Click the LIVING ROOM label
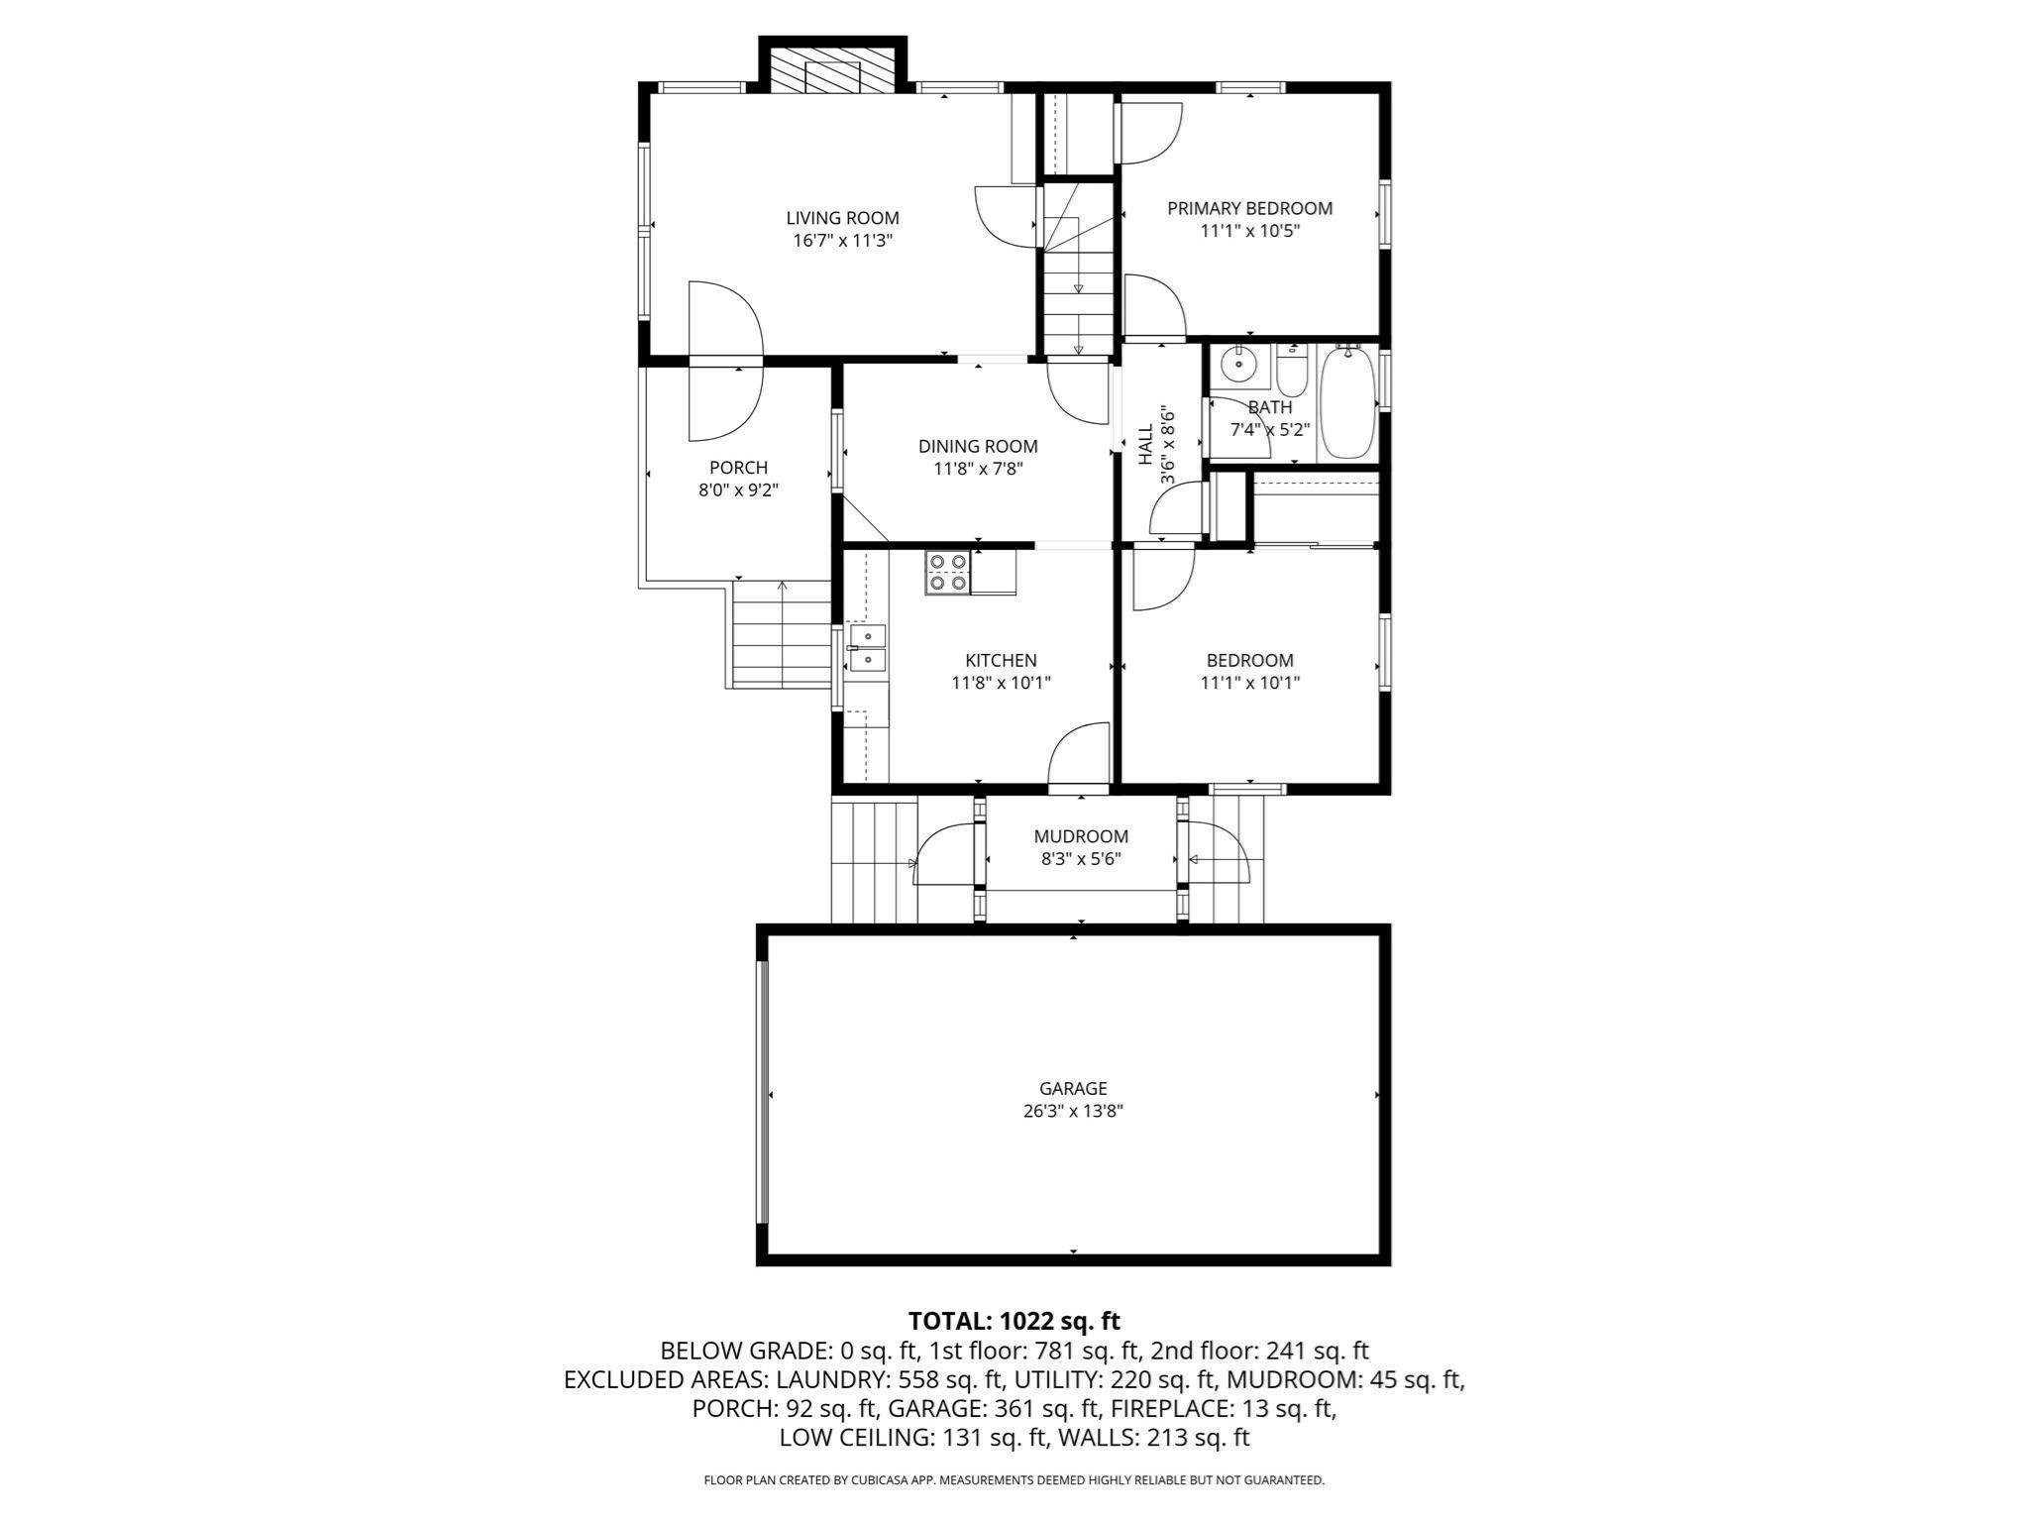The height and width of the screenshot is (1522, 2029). (842, 218)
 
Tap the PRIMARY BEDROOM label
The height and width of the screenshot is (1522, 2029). (1249, 208)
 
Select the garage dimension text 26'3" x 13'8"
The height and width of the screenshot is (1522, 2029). (1073, 1111)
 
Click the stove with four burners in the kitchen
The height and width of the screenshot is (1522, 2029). (946, 573)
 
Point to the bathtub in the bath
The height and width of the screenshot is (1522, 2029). (1347, 401)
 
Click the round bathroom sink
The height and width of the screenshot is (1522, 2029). (1237, 365)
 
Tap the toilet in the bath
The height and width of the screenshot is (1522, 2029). (1292, 371)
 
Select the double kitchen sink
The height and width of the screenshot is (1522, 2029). (868, 647)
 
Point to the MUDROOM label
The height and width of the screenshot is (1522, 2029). (1081, 836)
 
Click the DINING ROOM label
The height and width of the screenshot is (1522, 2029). (978, 446)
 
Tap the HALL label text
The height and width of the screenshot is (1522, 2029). (1146, 446)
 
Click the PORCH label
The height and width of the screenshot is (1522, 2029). (738, 468)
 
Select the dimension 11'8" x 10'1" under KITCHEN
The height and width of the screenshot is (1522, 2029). (1001, 683)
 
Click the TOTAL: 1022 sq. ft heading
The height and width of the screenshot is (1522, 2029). (1014, 1321)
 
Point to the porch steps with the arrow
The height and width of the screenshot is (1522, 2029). (782, 634)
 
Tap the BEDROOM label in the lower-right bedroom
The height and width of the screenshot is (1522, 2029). (1249, 660)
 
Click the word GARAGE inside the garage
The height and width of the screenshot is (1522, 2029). (1073, 1088)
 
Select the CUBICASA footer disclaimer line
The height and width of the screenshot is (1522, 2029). (1014, 1480)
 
